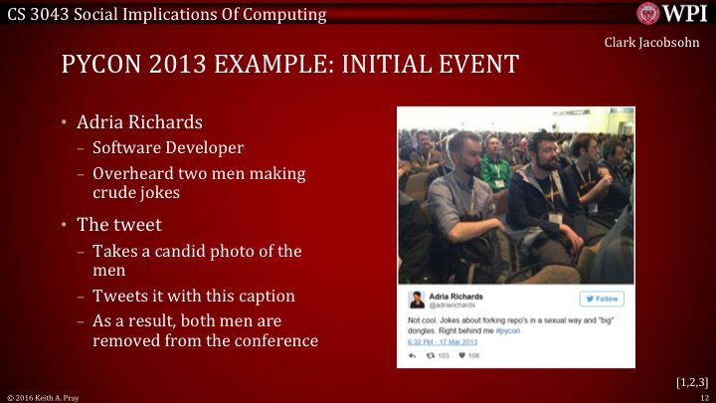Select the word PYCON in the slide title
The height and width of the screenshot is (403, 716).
tap(102, 66)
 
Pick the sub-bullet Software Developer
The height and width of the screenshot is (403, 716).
tap(168, 148)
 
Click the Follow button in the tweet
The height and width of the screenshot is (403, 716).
tap(602, 299)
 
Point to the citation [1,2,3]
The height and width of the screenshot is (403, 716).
tap(688, 381)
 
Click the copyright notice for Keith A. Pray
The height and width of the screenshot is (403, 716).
tap(44, 397)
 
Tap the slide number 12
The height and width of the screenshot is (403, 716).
tap(702, 397)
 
